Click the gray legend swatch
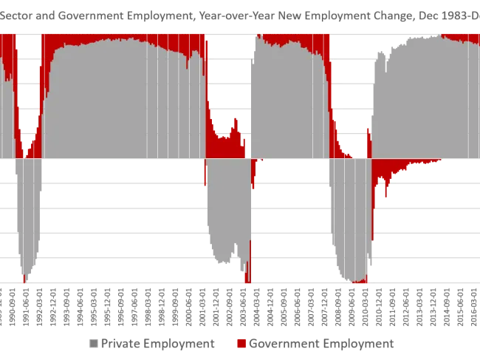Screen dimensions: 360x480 click(94, 343)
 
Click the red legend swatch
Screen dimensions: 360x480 click(241, 343)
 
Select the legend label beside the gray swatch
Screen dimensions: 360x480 click(160, 343)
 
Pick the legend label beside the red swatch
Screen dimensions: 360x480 click(321, 343)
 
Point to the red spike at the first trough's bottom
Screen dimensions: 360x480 click(24, 278)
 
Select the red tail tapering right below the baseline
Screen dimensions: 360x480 click(399, 168)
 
